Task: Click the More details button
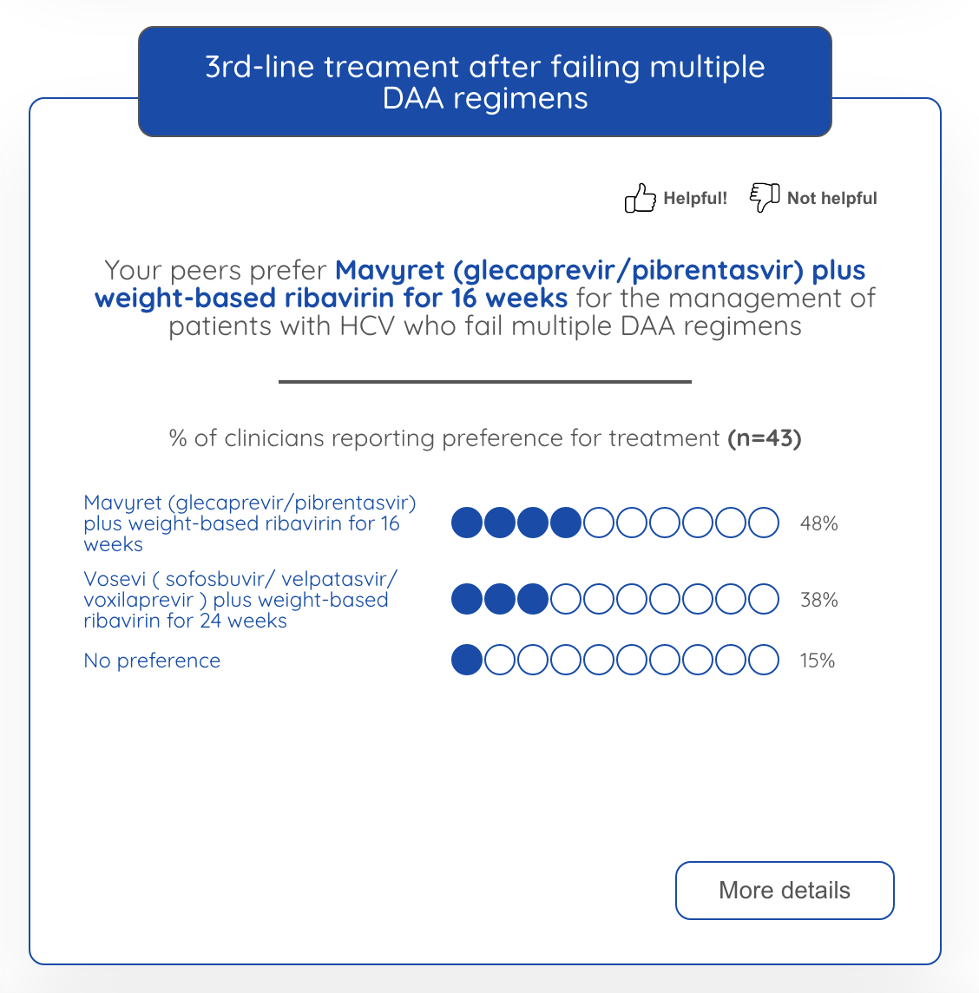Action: (785, 891)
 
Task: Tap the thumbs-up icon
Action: (640, 198)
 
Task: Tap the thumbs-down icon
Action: (764, 197)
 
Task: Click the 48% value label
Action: (818, 523)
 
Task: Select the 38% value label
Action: (818, 600)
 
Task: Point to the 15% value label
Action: (817, 661)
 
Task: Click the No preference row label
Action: (152, 661)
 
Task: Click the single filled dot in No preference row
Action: (467, 661)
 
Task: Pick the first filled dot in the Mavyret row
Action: (467, 523)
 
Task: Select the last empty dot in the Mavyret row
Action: (764, 523)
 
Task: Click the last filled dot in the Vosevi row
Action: (533, 600)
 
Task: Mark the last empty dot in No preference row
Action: (764, 661)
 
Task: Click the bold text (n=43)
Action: (764, 438)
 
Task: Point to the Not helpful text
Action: (831, 198)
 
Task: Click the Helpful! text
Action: (695, 198)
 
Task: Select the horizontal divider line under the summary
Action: (484, 381)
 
